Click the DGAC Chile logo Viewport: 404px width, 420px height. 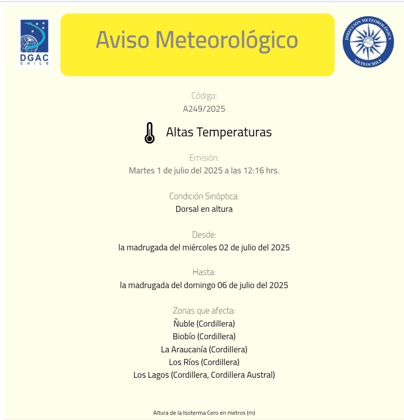tap(34, 42)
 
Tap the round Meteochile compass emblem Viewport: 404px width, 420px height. tap(368, 42)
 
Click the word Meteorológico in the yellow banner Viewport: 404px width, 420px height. tap(226, 40)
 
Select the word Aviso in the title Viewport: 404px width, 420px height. tap(123, 40)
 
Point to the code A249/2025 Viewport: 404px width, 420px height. tap(204, 109)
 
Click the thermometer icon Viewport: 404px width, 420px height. tap(149, 133)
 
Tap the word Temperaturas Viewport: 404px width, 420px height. tap(234, 132)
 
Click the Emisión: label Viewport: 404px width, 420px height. tap(204, 157)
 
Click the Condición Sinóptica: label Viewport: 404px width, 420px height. tap(204, 196)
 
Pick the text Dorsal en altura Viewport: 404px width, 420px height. tap(204, 209)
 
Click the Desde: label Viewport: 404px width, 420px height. tap(204, 235)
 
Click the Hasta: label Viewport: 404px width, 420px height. tap(204, 272)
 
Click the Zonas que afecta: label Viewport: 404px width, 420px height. tap(204, 310)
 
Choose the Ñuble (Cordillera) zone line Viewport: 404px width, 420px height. tap(204, 324)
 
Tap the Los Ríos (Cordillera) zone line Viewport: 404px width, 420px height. tap(204, 362)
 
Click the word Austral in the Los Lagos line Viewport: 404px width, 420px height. tap(260, 375)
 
